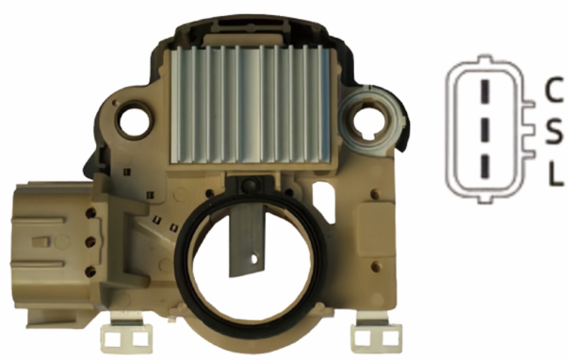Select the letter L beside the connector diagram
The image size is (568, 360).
pyautogui.click(x=555, y=173)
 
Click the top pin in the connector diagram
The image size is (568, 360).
pyautogui.click(x=485, y=92)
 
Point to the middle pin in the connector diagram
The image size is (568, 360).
pyautogui.click(x=485, y=130)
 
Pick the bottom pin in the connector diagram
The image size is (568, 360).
pyautogui.click(x=485, y=167)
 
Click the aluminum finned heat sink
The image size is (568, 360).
pyautogui.click(x=251, y=105)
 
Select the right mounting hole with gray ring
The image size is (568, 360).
pyautogui.click(x=372, y=122)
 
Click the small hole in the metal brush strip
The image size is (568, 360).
pyautogui.click(x=254, y=259)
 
